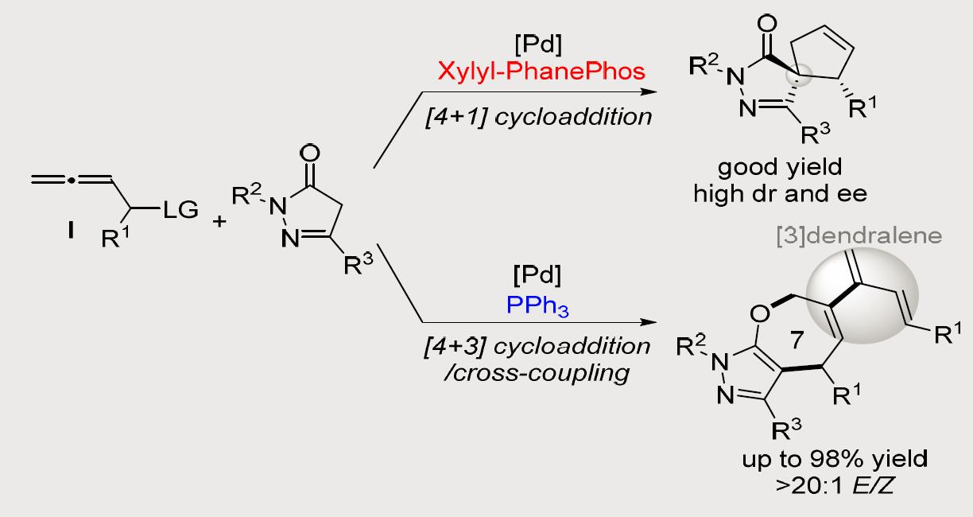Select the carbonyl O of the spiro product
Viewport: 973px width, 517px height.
[766, 21]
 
